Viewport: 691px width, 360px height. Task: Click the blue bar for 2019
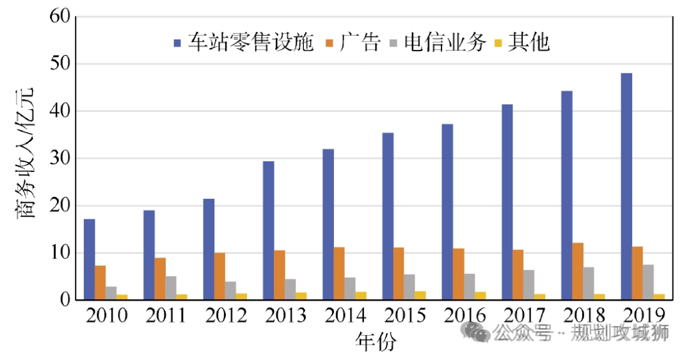(626, 186)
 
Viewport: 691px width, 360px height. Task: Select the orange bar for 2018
(578, 271)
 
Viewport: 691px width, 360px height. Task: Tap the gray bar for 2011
(171, 288)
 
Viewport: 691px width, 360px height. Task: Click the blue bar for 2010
(90, 259)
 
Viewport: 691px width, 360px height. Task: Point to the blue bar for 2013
(269, 230)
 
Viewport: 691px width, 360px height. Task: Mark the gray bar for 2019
(648, 282)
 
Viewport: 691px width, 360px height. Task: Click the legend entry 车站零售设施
(243, 43)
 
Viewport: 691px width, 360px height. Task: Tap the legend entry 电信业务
(436, 43)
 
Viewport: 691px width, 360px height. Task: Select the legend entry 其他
(522, 43)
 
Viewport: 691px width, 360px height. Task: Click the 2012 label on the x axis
(225, 316)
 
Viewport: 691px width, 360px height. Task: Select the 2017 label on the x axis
(524, 316)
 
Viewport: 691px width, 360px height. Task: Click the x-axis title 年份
(376, 341)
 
